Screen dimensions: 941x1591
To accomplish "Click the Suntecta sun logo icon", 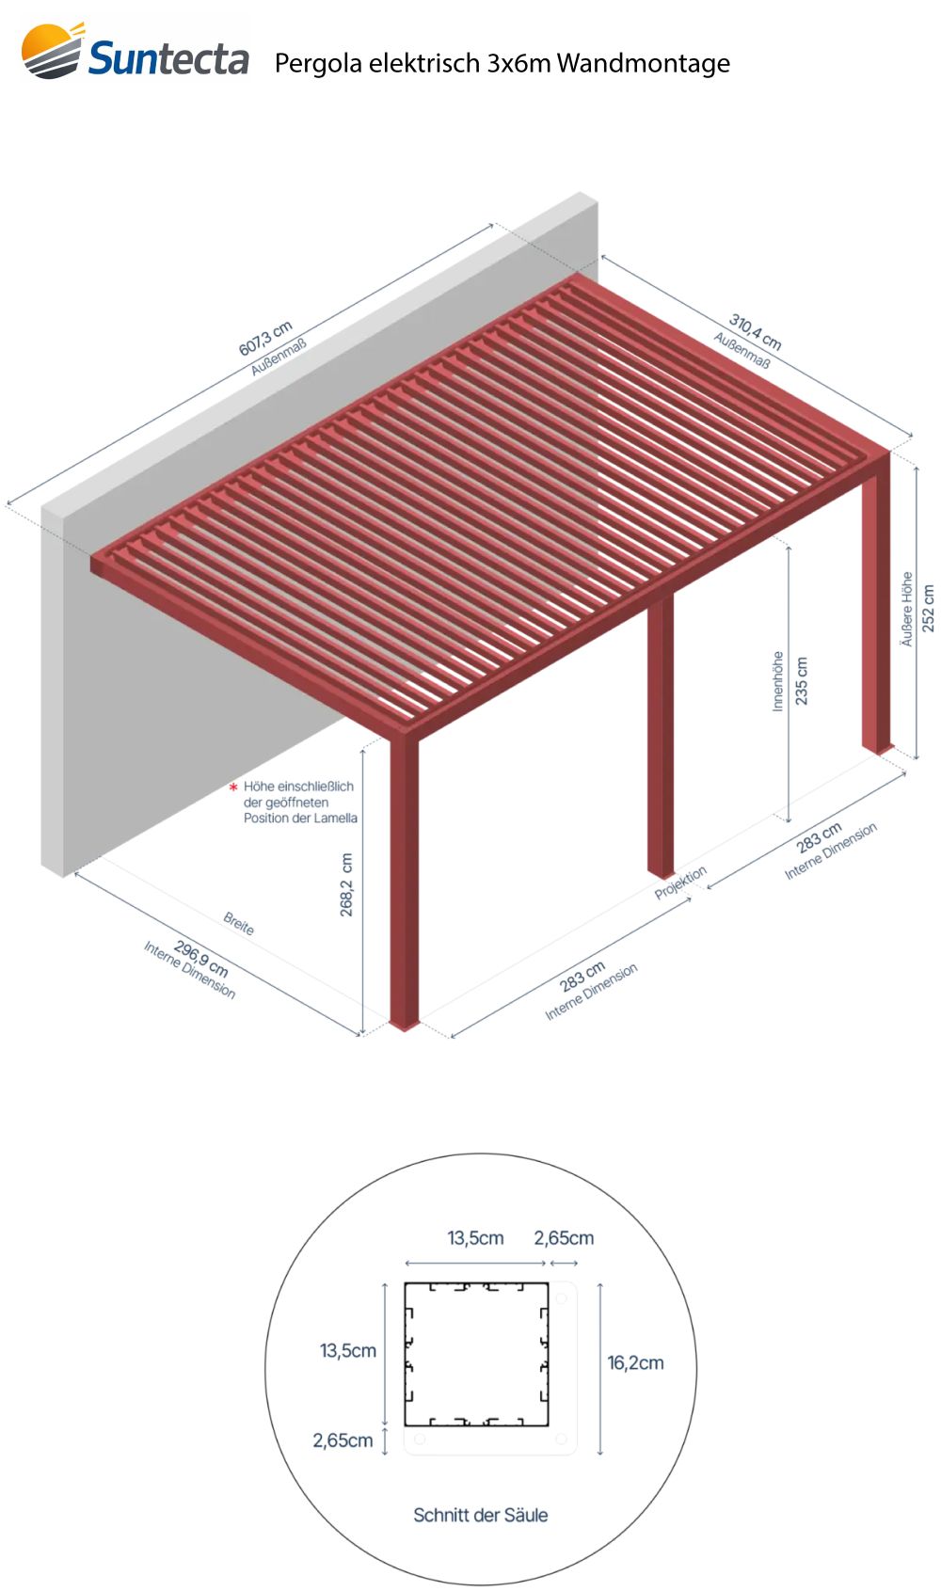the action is click(x=52, y=50).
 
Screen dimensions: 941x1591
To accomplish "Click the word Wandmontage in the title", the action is click(x=643, y=64).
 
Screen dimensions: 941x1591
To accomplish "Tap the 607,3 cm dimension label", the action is click(x=265, y=339).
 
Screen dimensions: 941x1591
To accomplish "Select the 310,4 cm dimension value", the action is click(x=755, y=332).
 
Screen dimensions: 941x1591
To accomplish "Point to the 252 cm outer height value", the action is click(x=928, y=608).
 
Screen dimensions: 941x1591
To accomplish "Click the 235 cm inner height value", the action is click(x=801, y=680).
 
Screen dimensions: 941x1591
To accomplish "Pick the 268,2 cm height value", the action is click(x=346, y=884).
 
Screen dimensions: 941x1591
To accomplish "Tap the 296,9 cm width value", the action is click(x=201, y=959).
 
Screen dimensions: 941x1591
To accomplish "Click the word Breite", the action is click(x=239, y=923).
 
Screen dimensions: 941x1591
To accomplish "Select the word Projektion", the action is click(x=680, y=883).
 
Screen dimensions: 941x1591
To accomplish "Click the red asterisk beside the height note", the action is click(x=233, y=787).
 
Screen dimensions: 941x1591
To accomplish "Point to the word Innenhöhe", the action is click(x=777, y=681).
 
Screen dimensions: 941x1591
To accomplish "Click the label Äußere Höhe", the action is click(x=906, y=609).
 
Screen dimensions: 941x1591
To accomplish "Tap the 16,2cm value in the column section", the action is click(x=635, y=1363).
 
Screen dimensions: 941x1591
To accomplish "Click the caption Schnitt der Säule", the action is click(x=481, y=1515).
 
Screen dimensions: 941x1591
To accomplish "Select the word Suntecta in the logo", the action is click(x=169, y=58).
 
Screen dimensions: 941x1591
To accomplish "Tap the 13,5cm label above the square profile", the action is click(x=475, y=1238).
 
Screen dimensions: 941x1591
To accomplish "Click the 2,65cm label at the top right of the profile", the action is click(x=564, y=1238).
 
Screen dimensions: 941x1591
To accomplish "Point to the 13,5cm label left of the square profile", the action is click(x=348, y=1350).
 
